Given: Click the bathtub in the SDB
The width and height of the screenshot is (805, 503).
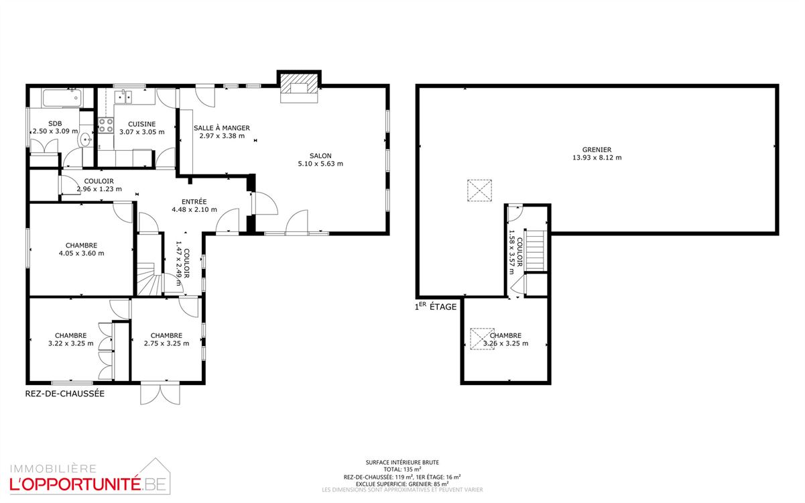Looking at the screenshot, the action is click(62, 98).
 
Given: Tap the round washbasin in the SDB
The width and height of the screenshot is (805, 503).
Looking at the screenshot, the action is click(86, 139).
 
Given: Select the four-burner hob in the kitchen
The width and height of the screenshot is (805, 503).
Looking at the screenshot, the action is click(106, 125).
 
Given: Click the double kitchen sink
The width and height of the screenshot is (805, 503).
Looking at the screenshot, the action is click(123, 97).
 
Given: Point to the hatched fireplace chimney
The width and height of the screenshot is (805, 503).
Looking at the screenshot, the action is click(299, 85).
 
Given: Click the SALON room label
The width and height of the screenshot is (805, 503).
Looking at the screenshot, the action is click(320, 156).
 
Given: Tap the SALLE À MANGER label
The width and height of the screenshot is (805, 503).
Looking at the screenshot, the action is click(222, 128).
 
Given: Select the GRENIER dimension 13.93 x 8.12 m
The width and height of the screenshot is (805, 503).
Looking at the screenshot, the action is click(597, 158).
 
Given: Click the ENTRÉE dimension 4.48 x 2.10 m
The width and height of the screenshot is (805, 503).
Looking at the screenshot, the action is click(194, 210).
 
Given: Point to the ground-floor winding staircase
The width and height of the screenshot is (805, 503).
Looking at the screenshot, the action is click(149, 279).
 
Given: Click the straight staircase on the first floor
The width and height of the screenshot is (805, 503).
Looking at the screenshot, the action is click(536, 250).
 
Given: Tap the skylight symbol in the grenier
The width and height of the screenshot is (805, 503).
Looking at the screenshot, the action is click(479, 190).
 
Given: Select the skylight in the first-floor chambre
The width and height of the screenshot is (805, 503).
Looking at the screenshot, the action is click(483, 339).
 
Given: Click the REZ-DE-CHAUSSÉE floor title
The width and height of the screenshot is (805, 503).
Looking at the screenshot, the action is click(65, 394).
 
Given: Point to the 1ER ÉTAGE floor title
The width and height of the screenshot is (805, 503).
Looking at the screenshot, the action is click(436, 306).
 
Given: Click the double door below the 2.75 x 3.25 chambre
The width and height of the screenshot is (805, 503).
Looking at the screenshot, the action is click(160, 394).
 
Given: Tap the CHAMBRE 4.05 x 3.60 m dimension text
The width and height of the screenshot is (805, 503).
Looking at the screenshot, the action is click(82, 254).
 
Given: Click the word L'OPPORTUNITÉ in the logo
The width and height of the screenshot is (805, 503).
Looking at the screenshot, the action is click(75, 485).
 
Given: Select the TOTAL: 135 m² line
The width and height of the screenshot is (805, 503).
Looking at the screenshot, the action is click(402, 469).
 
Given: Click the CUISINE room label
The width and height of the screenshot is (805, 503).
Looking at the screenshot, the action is click(142, 124).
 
